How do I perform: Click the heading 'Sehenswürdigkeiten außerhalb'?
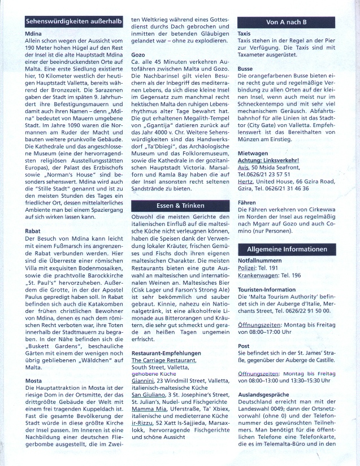tap(74, 23)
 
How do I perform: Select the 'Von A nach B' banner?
tap(287, 22)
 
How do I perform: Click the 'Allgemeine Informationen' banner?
tap(287, 249)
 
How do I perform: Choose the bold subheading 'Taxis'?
tap(244, 34)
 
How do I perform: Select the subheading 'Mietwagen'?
tap(252, 153)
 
